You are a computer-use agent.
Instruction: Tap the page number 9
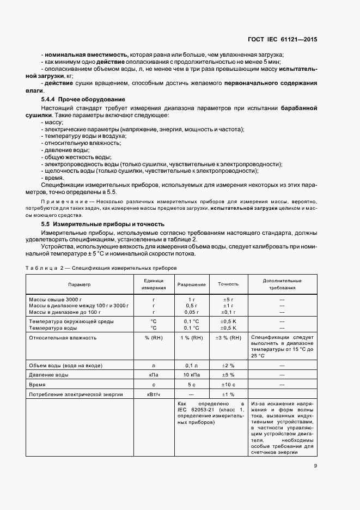(x=315, y=465)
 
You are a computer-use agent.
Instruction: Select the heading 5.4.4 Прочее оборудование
(x=83, y=99)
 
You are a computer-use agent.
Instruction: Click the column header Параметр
(x=80, y=284)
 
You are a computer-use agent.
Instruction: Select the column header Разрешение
(x=191, y=284)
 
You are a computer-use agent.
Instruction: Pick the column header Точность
(x=228, y=284)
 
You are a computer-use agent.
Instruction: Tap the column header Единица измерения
(x=154, y=284)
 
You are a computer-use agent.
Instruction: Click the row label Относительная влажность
(x=63, y=338)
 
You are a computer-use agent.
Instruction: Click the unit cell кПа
(x=154, y=375)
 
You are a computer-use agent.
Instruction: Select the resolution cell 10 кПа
(x=191, y=375)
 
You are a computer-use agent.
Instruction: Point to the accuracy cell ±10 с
(x=228, y=384)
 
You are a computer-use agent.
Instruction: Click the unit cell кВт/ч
(x=154, y=394)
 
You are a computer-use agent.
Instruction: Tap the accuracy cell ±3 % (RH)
(x=228, y=338)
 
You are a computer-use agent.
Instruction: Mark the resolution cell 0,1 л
(x=191, y=365)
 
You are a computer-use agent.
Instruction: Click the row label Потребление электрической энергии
(x=76, y=394)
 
